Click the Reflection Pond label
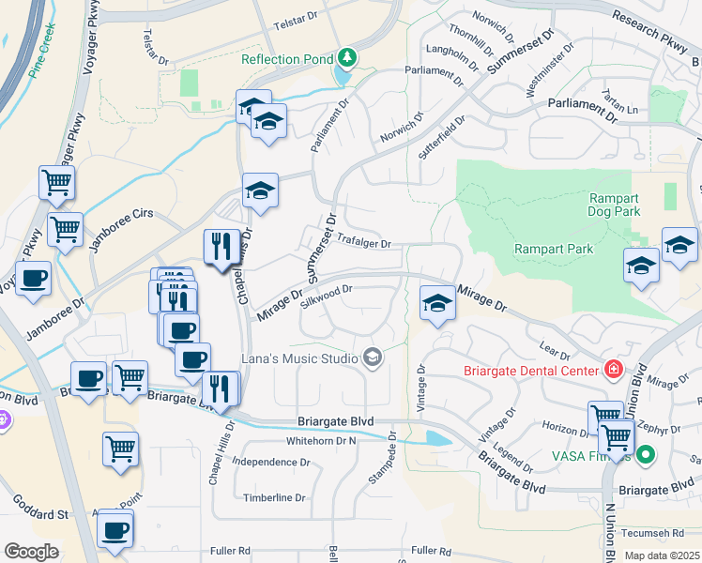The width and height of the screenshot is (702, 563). click(286, 59)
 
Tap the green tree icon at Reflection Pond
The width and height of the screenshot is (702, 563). click(348, 58)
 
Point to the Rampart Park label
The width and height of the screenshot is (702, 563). click(554, 249)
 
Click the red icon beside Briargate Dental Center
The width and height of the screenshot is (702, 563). click(614, 371)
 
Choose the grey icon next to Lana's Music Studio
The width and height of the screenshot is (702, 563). click(373, 358)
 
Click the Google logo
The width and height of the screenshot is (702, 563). click(31, 552)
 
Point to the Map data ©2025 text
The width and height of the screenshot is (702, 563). click(661, 555)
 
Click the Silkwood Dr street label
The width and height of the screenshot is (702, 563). click(326, 297)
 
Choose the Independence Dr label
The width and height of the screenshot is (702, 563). click(270, 462)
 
